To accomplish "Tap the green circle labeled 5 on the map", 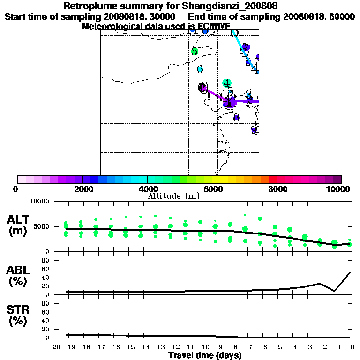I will [x=195, y=52].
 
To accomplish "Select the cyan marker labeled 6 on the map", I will [x=200, y=70].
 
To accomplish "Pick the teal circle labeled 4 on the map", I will [x=227, y=83].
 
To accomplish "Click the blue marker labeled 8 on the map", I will [x=236, y=118].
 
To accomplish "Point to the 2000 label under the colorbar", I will [x=82, y=189].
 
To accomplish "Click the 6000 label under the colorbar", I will [x=212, y=189].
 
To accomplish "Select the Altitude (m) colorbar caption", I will [x=174, y=196].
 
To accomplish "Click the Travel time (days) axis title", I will [x=205, y=355].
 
